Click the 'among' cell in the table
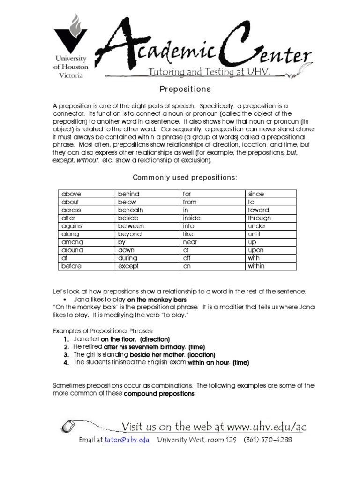click(87, 242)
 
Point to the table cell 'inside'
click(213, 218)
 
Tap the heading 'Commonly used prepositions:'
click(185, 177)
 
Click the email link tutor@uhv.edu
click(127, 440)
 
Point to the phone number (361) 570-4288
click(267, 440)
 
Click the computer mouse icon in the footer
click(68, 426)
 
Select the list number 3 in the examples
click(67, 355)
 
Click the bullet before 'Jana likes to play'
click(64, 299)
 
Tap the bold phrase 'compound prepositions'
click(159, 394)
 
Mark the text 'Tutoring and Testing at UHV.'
click(209, 72)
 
